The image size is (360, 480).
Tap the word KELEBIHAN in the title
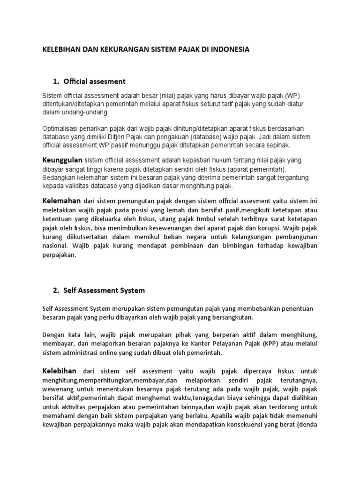[x=60, y=49]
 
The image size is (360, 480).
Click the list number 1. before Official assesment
[x=56, y=82]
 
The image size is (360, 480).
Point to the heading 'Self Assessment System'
[x=105, y=290]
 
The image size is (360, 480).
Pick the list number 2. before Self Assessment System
[x=56, y=290]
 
